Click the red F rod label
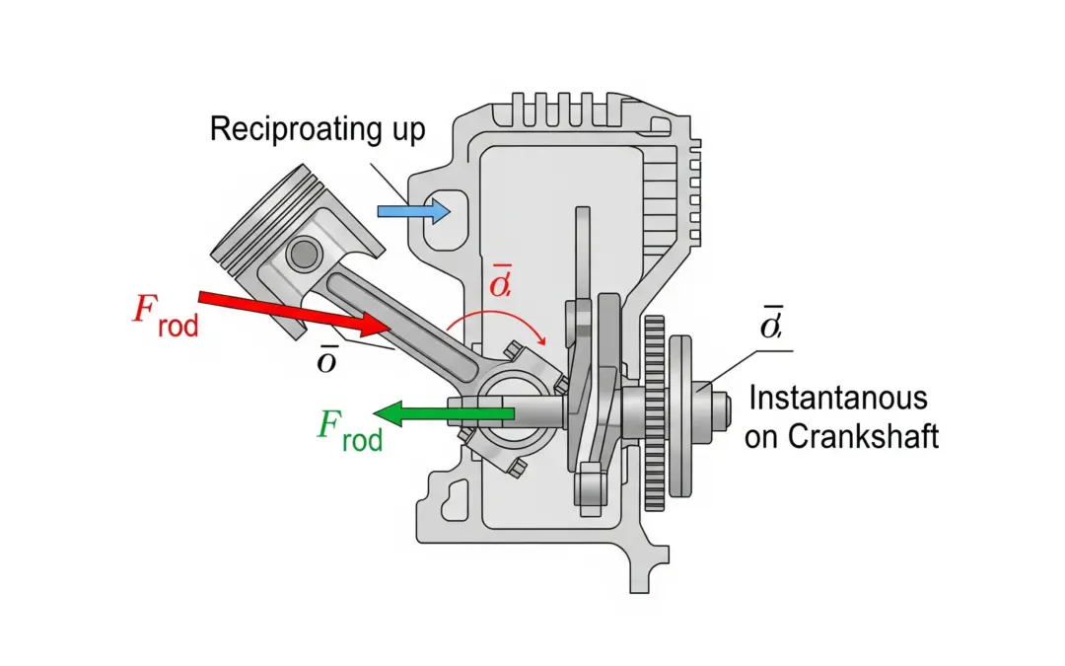[x=164, y=314]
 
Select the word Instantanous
[x=838, y=399]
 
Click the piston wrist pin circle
[x=303, y=254]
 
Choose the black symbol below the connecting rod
[x=325, y=360]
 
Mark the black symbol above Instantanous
[x=770, y=323]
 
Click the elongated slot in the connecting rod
[x=385, y=312]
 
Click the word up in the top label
[x=407, y=130]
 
